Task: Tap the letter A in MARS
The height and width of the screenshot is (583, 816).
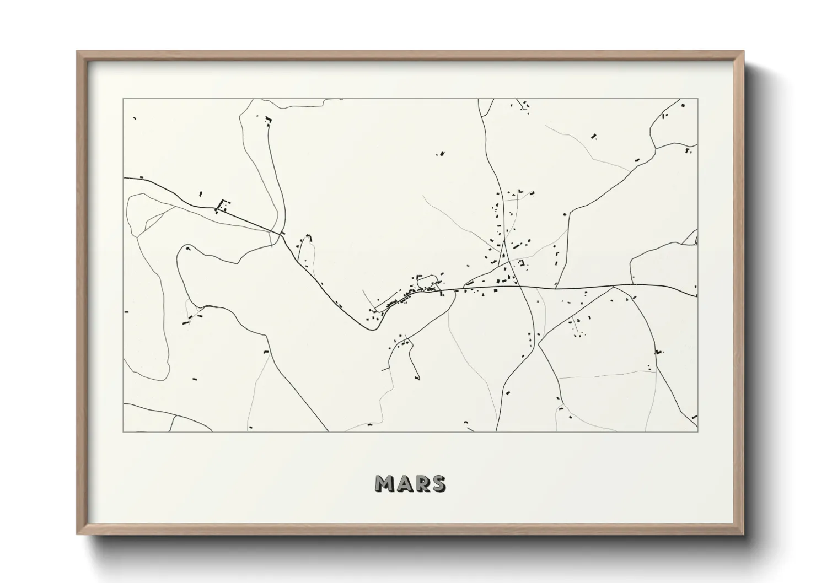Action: click(x=405, y=483)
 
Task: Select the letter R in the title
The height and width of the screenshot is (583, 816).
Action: click(x=422, y=483)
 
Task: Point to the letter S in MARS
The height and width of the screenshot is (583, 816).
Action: click(x=438, y=483)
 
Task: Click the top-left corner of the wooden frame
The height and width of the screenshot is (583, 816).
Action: click(x=78, y=52)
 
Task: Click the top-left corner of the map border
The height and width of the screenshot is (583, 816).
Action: click(x=124, y=99)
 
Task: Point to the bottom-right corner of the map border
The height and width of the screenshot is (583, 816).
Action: click(x=697, y=431)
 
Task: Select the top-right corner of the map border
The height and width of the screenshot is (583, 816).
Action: click(x=697, y=99)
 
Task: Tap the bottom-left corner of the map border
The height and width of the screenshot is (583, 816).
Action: click(x=124, y=431)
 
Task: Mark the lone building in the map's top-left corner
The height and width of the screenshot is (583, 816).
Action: click(x=134, y=118)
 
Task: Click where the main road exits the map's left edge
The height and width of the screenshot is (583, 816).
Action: click(x=124, y=178)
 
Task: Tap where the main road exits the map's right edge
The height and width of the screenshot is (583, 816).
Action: click(x=697, y=297)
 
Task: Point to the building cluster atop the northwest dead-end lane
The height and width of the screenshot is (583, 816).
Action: click(x=268, y=120)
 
